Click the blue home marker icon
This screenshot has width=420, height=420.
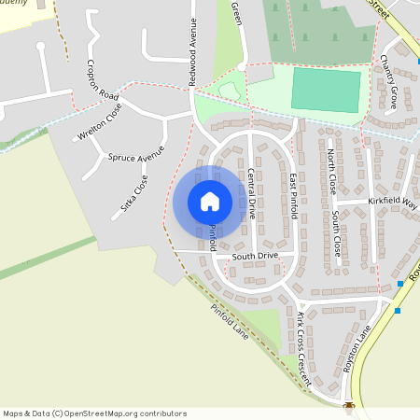(210, 202)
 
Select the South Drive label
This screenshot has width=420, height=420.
(255, 255)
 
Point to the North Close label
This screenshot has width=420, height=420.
(332, 172)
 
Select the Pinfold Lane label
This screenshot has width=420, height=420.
(230, 321)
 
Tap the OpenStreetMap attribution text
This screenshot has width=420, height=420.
(94, 413)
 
